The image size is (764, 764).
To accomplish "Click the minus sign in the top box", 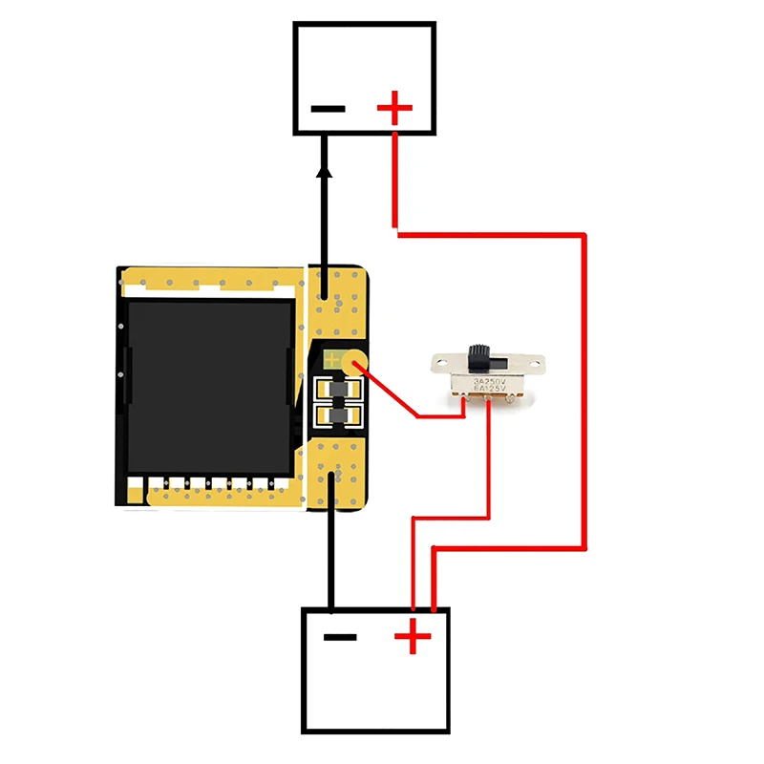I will [328, 108].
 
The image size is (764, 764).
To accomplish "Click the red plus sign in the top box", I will [394, 108].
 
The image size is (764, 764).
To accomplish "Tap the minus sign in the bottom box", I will [340, 637].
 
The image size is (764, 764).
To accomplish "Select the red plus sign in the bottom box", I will [413, 637].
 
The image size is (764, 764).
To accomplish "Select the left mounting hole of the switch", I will [441, 361].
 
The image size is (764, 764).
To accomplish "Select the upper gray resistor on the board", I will [336, 392].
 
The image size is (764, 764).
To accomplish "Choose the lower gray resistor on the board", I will [336, 416].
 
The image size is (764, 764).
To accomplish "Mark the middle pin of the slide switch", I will [490, 404].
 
